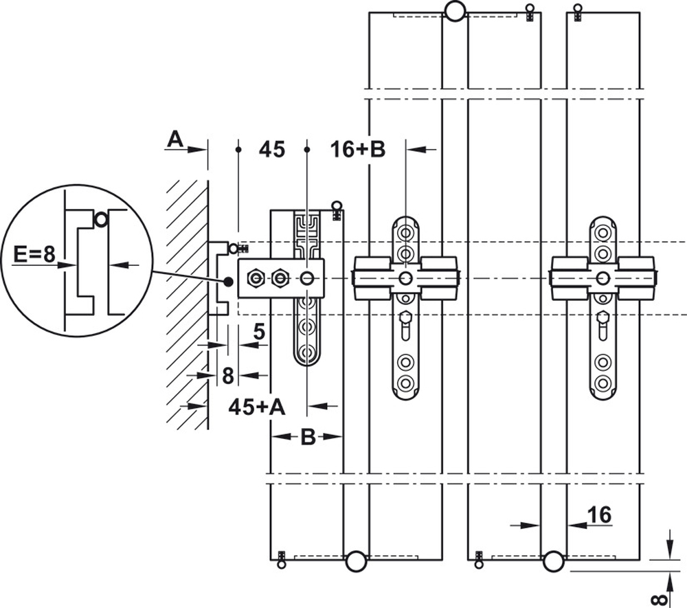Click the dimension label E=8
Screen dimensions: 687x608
point(34,254)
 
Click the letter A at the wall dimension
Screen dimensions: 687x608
point(175,139)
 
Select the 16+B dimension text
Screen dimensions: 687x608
point(358,149)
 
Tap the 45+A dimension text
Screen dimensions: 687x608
point(257,407)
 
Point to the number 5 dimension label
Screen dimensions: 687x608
point(260,332)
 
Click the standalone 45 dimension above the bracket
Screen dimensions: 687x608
point(271,149)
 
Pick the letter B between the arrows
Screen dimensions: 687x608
point(308,437)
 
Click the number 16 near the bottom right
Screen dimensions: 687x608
point(599,515)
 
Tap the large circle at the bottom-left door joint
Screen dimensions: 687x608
point(355,561)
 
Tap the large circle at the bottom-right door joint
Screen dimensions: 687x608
point(553,561)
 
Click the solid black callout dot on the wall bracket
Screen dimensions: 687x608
point(228,282)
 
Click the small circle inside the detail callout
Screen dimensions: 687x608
point(101,219)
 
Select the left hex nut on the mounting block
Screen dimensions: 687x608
point(256,278)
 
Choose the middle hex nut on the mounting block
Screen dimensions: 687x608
point(280,278)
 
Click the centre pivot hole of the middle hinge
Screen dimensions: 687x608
point(406,278)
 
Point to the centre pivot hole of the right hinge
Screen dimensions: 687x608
point(603,278)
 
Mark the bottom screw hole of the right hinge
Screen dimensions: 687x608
point(603,383)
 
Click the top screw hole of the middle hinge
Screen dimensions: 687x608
point(406,232)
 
